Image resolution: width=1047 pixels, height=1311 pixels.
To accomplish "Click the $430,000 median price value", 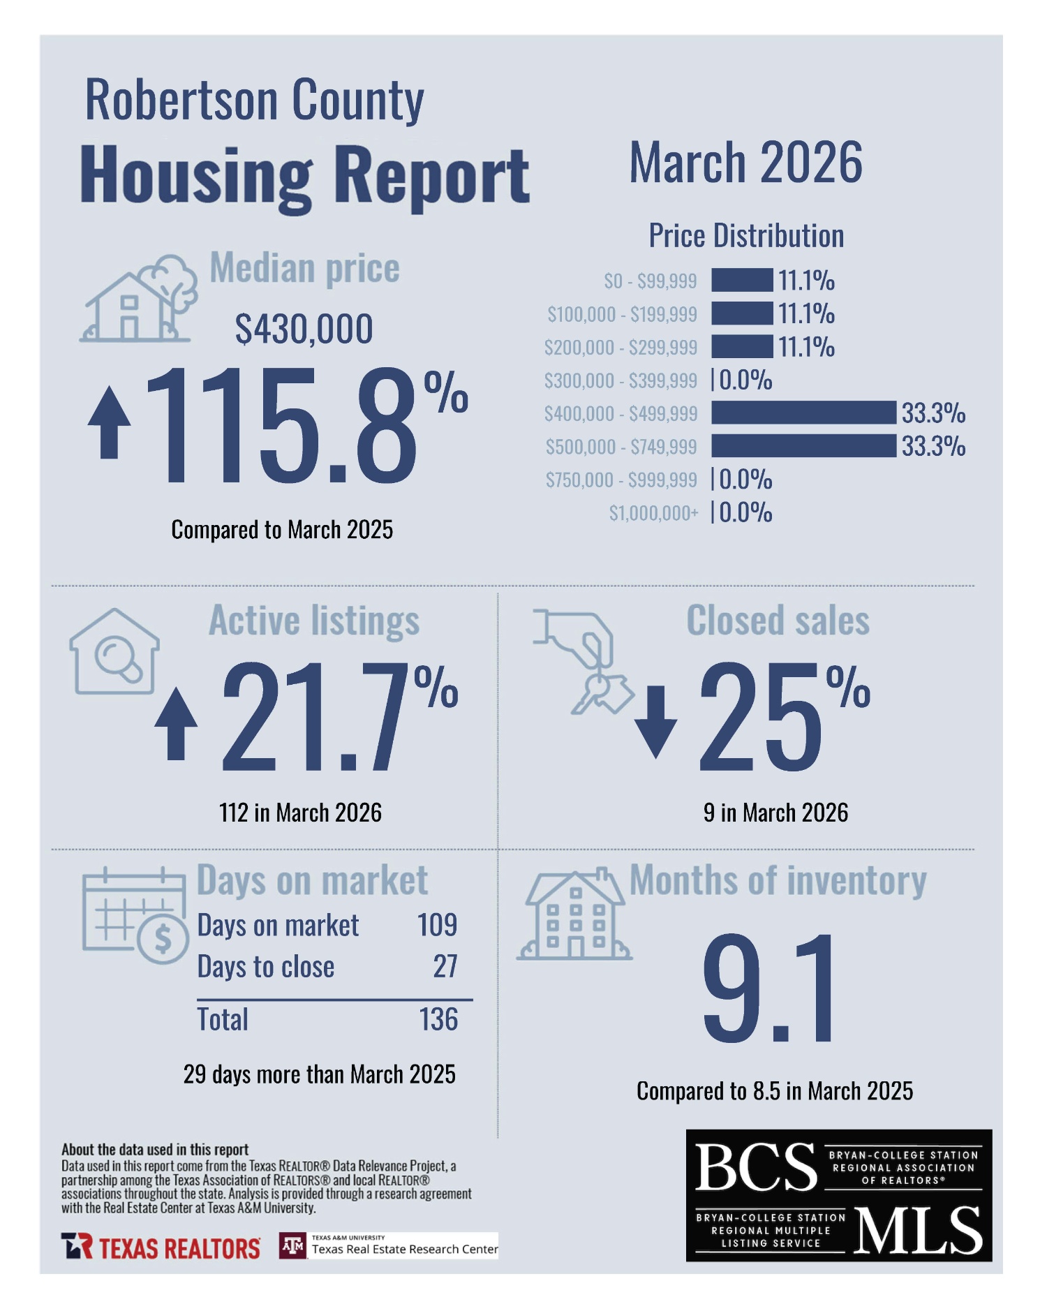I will pos(304,329).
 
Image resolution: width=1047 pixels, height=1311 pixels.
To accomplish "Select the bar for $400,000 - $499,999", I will pos(803,413).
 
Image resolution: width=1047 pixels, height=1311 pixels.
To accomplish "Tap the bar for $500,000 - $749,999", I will pos(803,445).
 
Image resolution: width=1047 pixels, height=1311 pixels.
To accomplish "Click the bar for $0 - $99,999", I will pos(742,280).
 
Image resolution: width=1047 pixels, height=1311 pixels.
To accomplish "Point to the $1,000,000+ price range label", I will pos(653,513).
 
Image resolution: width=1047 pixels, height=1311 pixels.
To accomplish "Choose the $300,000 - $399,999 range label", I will pos(621,380).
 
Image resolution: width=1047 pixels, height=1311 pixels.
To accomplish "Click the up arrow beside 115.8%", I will pos(110,423).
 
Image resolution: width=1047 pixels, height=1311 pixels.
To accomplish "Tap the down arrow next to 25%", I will pos(655,722).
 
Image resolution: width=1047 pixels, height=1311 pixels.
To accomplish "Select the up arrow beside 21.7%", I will pos(176,723).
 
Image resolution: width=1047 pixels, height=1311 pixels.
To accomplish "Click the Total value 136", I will pos(438,1019).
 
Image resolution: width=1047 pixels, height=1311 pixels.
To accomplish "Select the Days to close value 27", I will pos(445,967).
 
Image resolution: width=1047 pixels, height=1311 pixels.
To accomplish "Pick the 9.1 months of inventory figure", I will pos(768,988).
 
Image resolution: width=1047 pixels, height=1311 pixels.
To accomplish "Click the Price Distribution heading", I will pos(746,236).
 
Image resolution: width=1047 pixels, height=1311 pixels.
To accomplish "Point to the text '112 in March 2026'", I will pos(300,813).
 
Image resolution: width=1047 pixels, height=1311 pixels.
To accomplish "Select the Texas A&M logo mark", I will pos(292,1246).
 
